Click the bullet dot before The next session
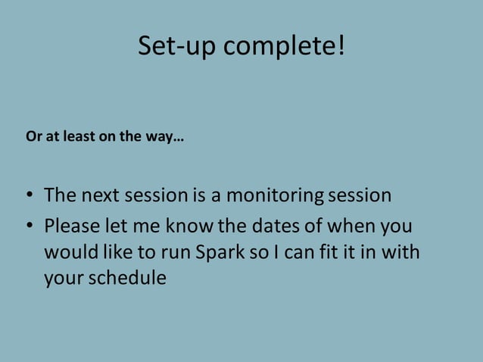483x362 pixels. [28, 196]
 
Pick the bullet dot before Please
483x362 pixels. [28, 226]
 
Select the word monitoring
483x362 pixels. [275, 196]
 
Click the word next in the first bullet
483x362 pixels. [100, 195]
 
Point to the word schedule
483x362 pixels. [127, 278]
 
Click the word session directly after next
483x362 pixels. [154, 195]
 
